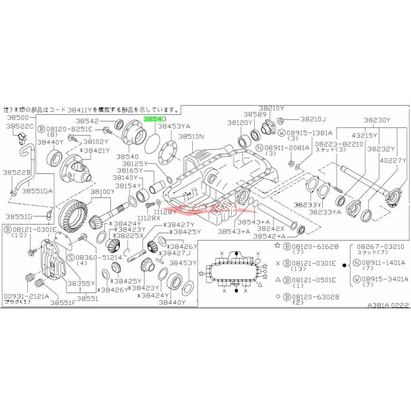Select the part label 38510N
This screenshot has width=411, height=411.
pos(191,137)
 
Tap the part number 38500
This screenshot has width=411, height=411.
pos(17,117)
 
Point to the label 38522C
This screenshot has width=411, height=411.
pos(20,126)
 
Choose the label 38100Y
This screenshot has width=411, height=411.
pos(103,191)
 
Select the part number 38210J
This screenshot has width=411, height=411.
pos(313,119)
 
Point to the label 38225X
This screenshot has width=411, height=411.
pos(132,236)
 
